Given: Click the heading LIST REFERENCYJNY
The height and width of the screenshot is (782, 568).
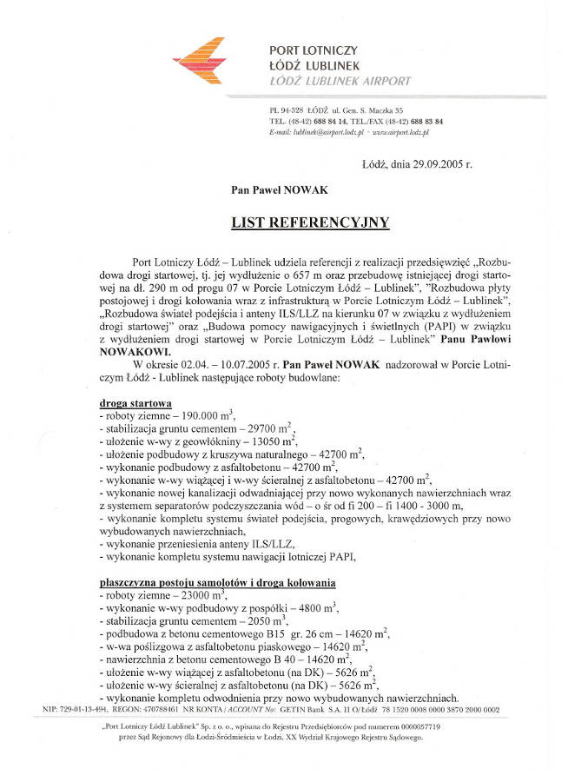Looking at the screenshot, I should [310, 222].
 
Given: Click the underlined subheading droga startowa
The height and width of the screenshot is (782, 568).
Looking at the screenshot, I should [135, 403].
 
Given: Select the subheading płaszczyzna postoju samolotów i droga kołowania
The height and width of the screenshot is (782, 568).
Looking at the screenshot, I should [217, 581].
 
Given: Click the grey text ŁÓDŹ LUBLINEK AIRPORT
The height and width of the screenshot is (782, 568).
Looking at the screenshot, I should [340, 81].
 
